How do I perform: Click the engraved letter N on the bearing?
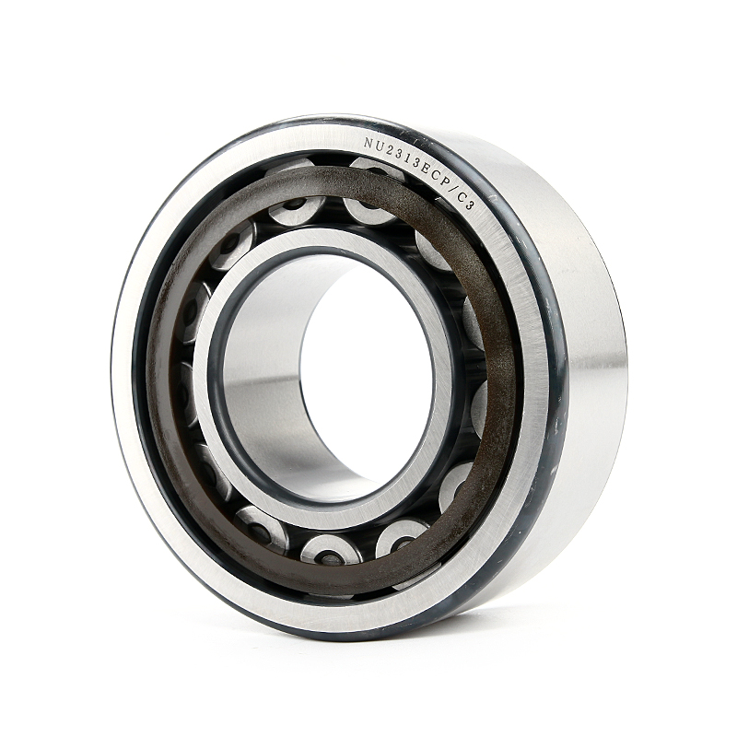click(x=368, y=144)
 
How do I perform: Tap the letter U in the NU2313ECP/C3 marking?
click(x=379, y=145)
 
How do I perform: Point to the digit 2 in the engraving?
click(x=388, y=147)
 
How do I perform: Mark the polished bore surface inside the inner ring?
click(x=267, y=368)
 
